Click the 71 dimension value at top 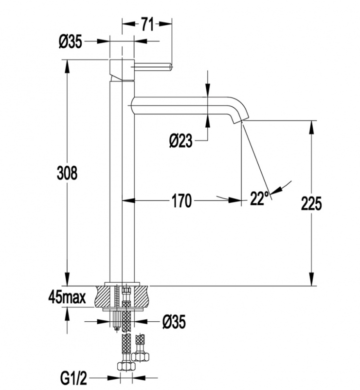(x=148, y=23)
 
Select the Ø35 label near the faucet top (x=71, y=42)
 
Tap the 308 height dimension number (x=67, y=173)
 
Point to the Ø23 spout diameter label (x=181, y=141)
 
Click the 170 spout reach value (x=181, y=200)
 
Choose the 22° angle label (x=260, y=198)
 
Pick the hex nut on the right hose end (x=141, y=356)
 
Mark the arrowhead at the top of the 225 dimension (x=311, y=125)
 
